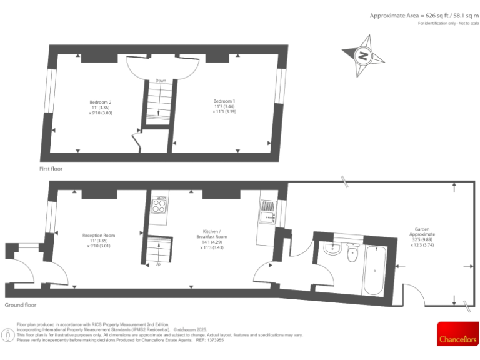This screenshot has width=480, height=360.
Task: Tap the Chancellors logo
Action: click(456, 334)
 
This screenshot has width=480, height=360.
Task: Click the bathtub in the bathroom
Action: click(373, 271)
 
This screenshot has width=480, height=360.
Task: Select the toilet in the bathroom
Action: click(352, 252)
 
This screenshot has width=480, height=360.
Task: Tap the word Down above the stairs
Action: click(161, 81)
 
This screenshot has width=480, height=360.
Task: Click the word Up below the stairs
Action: click(157, 264)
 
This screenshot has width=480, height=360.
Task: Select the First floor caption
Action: click(51, 169)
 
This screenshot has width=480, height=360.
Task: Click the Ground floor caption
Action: click(21, 305)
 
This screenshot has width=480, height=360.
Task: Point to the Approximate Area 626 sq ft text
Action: click(423, 15)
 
